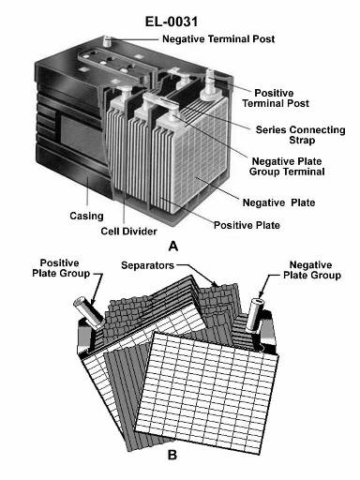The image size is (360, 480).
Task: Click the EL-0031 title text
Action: pos(172,22)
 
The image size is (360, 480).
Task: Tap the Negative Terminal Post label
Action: pos(218,39)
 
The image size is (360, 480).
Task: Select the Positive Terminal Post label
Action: pos(276,98)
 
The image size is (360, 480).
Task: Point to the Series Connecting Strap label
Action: pos(301,135)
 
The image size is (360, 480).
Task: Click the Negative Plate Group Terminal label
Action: pos(287,167)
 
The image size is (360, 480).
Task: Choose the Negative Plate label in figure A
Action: pos(278,202)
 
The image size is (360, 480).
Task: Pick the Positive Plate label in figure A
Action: pos(247,225)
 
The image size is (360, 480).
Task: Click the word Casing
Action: pos(86,216)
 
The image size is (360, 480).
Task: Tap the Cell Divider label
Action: pos(128,232)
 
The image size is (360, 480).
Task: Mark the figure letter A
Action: pos(172,247)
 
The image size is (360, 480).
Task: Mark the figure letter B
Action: pos(172,455)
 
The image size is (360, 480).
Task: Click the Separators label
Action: pos(147,265)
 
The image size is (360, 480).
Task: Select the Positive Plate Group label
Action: pos(61,268)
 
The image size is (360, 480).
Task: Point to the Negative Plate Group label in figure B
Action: pos(312,270)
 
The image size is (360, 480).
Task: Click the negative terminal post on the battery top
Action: pos(108,41)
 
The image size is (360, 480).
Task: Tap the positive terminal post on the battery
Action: pos(209,84)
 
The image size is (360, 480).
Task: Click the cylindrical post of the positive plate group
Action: pos(88,312)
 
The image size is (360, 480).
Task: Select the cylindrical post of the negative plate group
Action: pos(254,315)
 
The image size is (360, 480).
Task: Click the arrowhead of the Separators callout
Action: pos(215,283)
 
